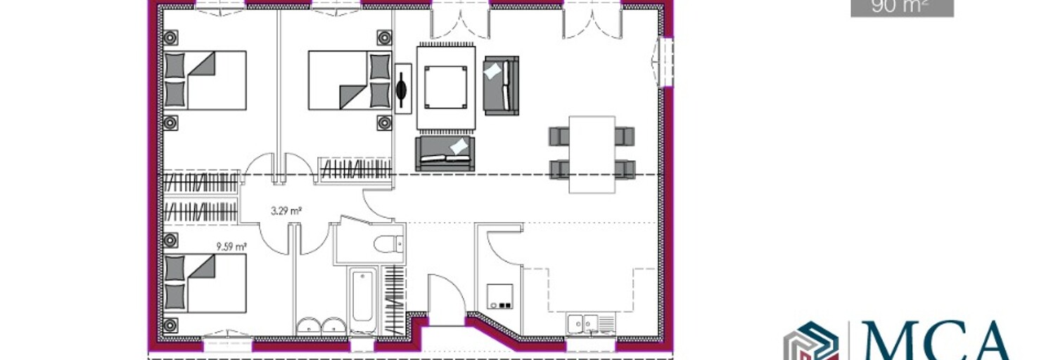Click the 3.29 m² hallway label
point(286,210)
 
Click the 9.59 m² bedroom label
point(231,246)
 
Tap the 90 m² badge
point(901,7)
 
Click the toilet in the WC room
point(385,244)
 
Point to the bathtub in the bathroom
point(364,301)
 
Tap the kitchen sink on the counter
point(582,323)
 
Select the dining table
point(592,154)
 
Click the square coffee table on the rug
point(446,86)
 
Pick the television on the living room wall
point(402,89)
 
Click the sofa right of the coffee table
point(501,85)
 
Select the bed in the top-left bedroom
point(205,80)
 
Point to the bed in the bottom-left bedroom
point(205,283)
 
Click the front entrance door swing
point(446,299)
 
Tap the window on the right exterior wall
point(664,61)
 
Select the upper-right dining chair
point(625,136)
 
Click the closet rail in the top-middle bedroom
point(355,169)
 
